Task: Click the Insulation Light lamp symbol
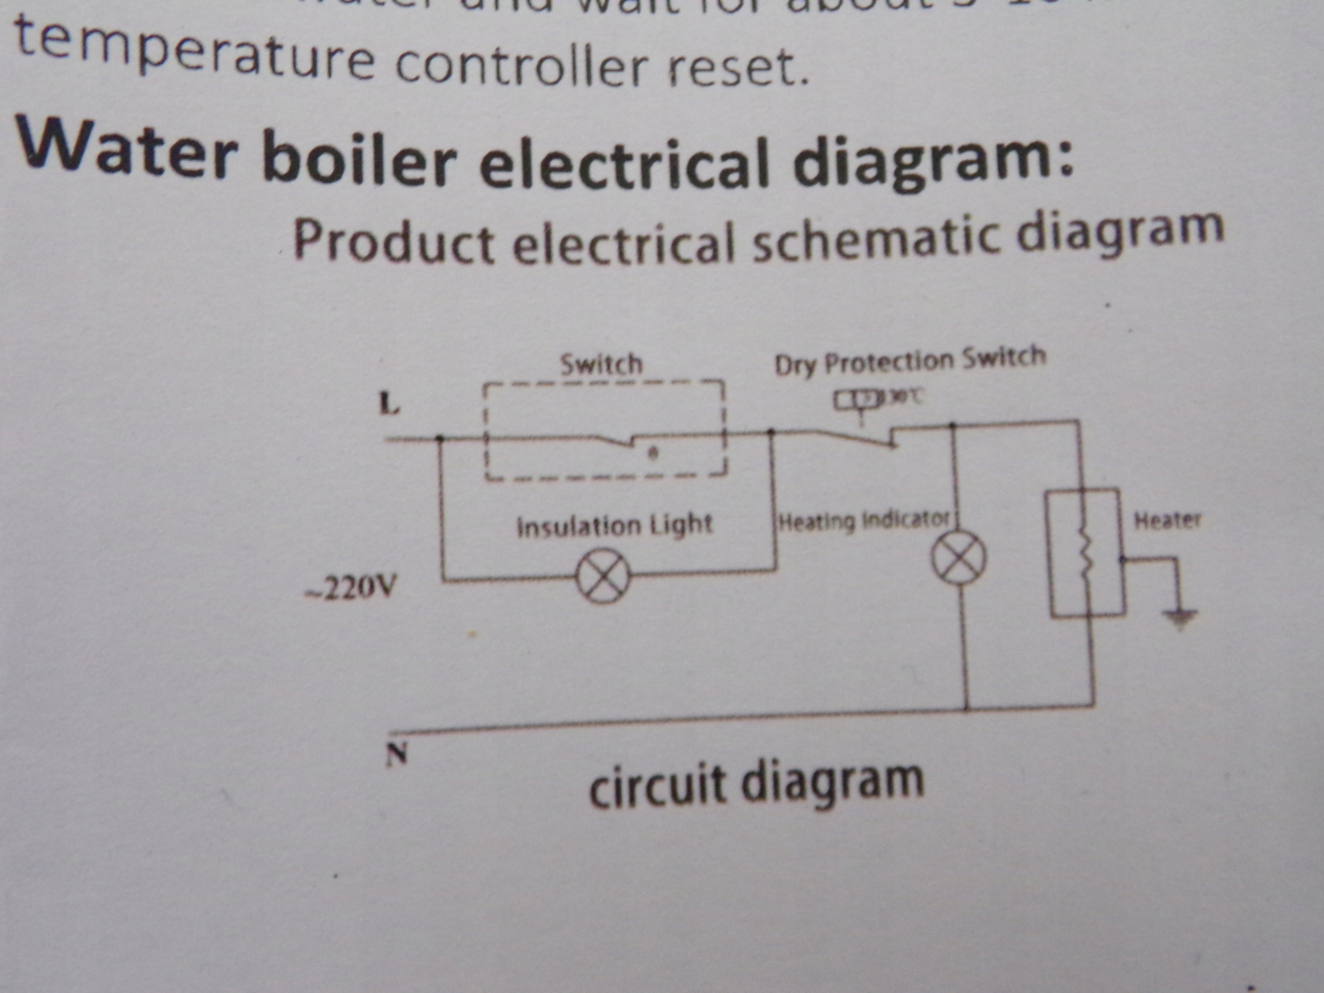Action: click(x=603, y=577)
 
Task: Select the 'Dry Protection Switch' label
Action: click(x=910, y=360)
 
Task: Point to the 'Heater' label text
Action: click(x=1167, y=520)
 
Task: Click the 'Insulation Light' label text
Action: click(x=614, y=526)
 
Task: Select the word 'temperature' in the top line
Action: click(x=194, y=51)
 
